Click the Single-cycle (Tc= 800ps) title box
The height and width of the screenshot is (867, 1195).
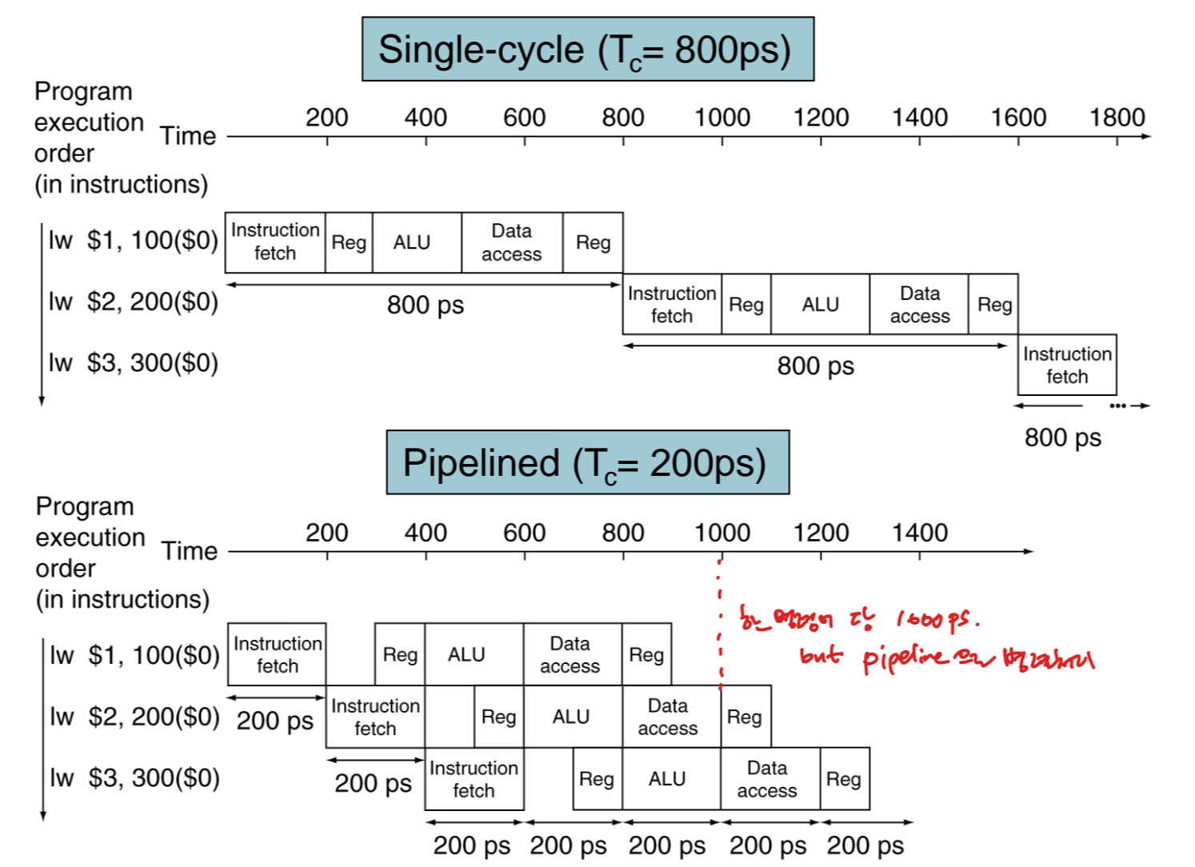[587, 50]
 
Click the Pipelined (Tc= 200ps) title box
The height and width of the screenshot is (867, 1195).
[587, 463]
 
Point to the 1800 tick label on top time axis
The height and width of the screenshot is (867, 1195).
[1117, 118]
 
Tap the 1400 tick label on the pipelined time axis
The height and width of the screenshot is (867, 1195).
[919, 533]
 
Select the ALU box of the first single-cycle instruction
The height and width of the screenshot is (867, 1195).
[412, 242]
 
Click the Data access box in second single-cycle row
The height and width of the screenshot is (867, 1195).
[919, 305]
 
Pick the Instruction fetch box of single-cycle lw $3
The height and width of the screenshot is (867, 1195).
[1067, 365]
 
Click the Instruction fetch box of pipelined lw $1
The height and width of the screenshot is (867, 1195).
[277, 654]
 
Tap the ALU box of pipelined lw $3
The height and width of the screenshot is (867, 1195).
[667, 779]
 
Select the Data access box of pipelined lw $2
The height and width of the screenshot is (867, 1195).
[667, 717]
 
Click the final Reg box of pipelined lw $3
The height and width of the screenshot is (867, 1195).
[844, 779]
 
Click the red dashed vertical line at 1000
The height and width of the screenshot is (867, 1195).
[720, 624]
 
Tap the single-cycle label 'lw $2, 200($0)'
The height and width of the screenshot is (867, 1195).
[133, 302]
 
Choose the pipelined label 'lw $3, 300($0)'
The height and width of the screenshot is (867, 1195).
[134, 777]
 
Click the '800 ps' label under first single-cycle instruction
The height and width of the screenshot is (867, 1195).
[425, 305]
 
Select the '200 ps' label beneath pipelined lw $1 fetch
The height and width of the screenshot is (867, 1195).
[275, 721]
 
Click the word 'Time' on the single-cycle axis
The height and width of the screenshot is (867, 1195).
[188, 136]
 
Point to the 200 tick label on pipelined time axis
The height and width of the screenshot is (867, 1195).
[326, 533]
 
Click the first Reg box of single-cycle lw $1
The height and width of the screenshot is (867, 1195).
[349, 242]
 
